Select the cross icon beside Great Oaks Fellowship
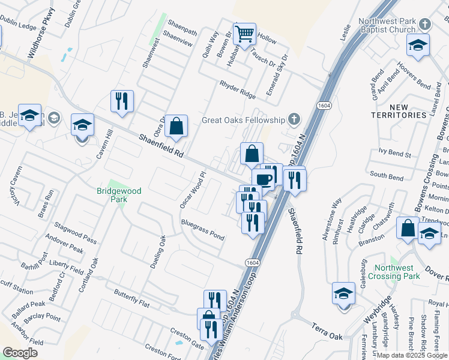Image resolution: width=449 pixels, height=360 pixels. click(294, 118)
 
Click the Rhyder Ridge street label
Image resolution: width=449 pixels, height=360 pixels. click(238, 89)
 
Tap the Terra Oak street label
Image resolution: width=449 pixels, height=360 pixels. click(327, 332)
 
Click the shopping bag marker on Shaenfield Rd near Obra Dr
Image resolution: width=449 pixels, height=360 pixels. click(176, 126)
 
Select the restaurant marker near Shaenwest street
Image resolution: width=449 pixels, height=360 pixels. click(122, 101)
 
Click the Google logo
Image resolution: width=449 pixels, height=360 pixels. click(20, 353)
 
